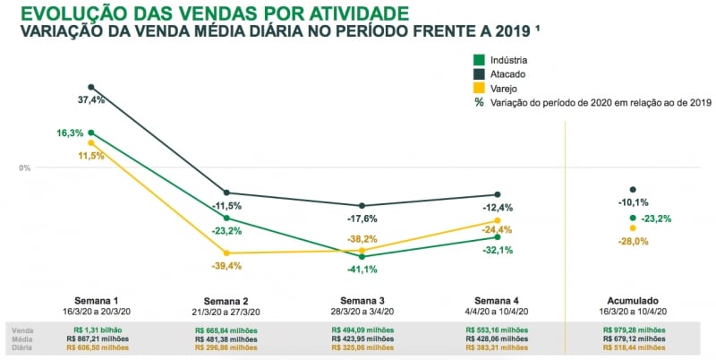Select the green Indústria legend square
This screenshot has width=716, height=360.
point(479,60)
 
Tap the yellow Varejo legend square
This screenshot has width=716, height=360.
point(479,88)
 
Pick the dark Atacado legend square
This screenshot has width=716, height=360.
point(479,74)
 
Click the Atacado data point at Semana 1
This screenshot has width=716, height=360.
point(91,87)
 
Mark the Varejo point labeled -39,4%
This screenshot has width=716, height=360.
point(226,253)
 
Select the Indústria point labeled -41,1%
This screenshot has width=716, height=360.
point(362,256)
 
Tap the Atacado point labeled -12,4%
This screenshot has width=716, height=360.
point(497,194)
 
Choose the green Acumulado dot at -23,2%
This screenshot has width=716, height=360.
point(633,218)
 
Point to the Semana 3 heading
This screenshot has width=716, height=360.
point(362,301)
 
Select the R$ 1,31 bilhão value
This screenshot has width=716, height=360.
point(92,330)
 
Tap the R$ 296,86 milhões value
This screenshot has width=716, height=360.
point(226,348)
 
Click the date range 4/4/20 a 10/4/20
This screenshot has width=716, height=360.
point(498,312)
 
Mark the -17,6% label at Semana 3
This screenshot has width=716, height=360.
point(362,218)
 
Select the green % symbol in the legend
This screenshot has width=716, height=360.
point(479,102)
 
